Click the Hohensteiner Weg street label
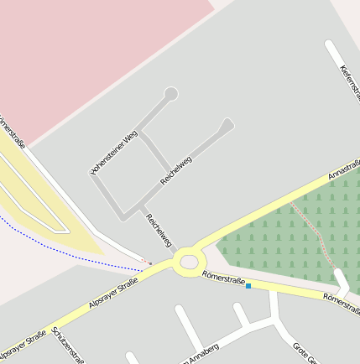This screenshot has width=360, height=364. coord(113,153)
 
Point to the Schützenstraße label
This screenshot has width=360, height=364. coord(68,344)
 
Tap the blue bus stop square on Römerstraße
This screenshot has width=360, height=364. coord(248,286)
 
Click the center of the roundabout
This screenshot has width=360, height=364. coord(189,263)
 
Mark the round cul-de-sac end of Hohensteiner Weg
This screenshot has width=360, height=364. coord(171,93)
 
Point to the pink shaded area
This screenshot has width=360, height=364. coord(92,50)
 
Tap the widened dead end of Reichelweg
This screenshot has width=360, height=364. coord(226,125)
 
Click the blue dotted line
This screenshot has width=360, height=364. coord(67,255)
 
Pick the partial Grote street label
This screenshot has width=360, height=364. coord(304,352)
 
